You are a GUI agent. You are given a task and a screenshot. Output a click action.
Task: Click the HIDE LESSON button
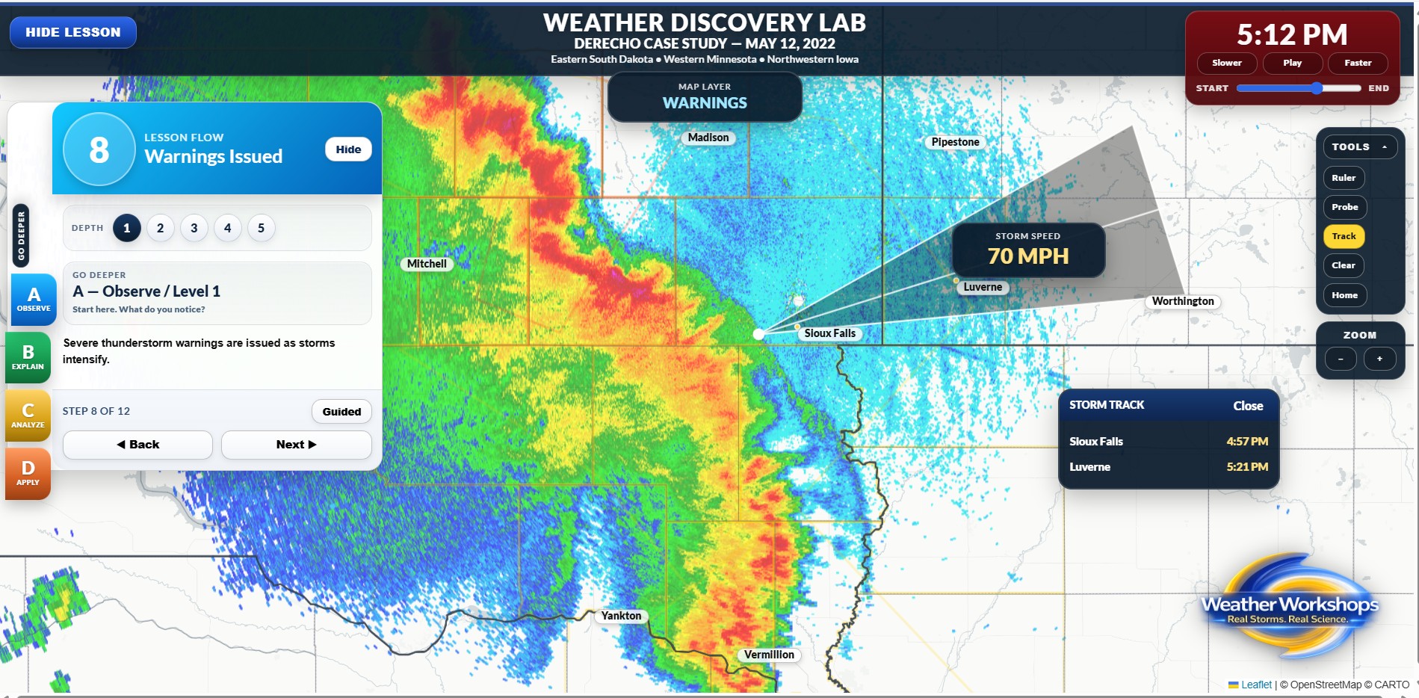tap(72, 32)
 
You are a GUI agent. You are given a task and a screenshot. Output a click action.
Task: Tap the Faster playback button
tap(1357, 63)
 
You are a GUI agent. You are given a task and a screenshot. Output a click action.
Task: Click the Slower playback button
tap(1226, 63)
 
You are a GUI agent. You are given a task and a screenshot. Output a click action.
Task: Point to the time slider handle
tap(1317, 88)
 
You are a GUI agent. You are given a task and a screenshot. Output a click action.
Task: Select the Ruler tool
tap(1343, 178)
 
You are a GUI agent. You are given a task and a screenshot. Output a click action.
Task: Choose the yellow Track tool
tap(1343, 236)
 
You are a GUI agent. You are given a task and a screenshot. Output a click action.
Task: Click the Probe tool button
tap(1344, 207)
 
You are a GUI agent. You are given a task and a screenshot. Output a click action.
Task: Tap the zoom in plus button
tap(1379, 359)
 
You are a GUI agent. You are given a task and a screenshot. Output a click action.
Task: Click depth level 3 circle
tap(194, 228)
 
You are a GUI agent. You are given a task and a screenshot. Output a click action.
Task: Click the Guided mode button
tap(341, 411)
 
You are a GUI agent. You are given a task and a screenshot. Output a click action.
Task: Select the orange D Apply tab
tap(28, 473)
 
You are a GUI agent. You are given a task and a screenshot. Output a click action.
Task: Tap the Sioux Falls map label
tap(829, 333)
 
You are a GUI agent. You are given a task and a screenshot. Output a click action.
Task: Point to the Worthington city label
tap(1182, 301)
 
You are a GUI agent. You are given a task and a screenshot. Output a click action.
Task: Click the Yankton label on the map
tap(621, 616)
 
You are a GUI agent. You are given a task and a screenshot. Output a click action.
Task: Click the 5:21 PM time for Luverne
tap(1246, 466)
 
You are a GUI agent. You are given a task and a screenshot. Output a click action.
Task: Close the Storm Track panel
tap(1247, 406)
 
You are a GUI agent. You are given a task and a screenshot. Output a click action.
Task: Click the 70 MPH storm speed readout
tap(1027, 256)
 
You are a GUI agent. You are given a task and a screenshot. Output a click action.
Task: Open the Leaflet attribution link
tap(1255, 685)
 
